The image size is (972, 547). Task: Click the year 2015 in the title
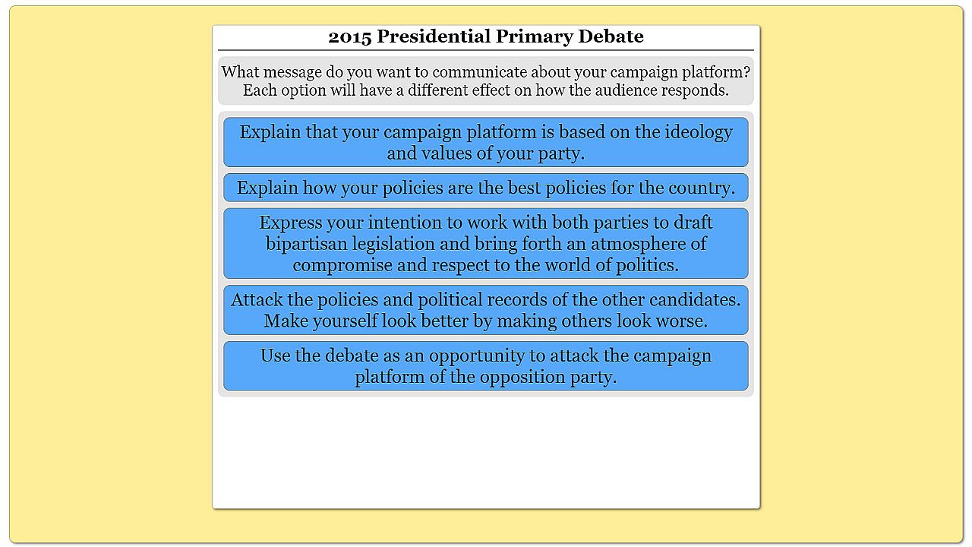tap(350, 36)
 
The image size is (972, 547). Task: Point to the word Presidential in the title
tap(434, 36)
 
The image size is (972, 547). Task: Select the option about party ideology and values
tap(486, 142)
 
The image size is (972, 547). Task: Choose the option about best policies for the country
tap(486, 188)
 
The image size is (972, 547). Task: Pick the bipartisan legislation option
tap(486, 243)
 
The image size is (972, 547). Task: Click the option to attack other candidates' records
tap(486, 310)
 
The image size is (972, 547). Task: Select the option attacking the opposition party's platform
tap(486, 366)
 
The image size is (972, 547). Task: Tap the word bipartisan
tap(306, 244)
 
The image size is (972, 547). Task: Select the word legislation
tap(393, 244)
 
